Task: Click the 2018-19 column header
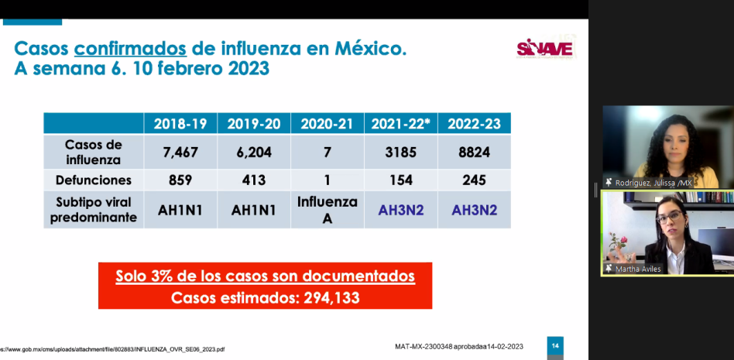pyautogui.click(x=180, y=124)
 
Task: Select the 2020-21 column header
pyautogui.click(x=328, y=124)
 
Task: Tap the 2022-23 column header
pyautogui.click(x=475, y=124)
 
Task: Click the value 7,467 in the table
pyautogui.click(x=180, y=153)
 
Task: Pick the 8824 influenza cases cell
pyautogui.click(x=475, y=153)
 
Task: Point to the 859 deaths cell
pyautogui.click(x=180, y=180)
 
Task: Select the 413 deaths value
pyautogui.click(x=254, y=180)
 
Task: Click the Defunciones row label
pyautogui.click(x=94, y=180)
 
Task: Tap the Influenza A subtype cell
pyautogui.click(x=328, y=209)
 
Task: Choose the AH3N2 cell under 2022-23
pyautogui.click(x=475, y=210)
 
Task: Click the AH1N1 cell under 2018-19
pyautogui.click(x=180, y=210)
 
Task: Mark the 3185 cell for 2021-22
pyautogui.click(x=401, y=153)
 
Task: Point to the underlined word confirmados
pyautogui.click(x=130, y=49)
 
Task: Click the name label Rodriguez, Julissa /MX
pyautogui.click(x=653, y=183)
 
